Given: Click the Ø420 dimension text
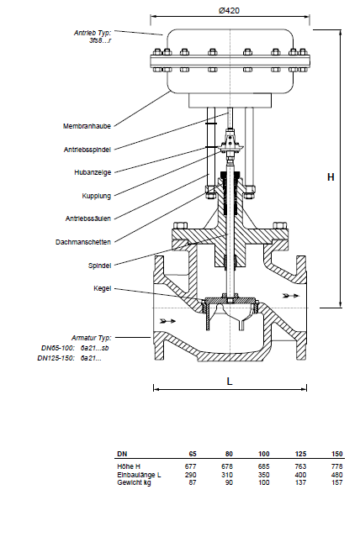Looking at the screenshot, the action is (x=230, y=11).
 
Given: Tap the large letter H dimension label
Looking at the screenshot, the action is (x=331, y=177).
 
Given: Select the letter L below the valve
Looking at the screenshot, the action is (x=230, y=382).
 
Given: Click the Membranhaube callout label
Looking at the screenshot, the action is (x=87, y=126).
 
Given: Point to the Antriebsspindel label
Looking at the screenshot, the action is (x=87, y=150).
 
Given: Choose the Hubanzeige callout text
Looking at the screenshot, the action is (x=93, y=172).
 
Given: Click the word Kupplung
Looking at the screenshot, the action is (x=97, y=196).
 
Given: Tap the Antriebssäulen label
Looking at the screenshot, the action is (x=88, y=218).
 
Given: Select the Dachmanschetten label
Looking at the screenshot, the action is (x=83, y=242).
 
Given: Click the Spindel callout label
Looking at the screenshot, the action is (x=100, y=266).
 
